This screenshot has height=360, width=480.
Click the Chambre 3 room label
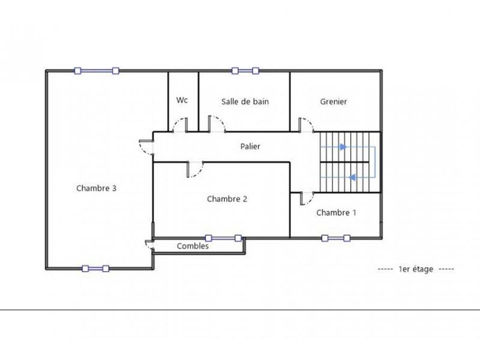[x=96, y=188]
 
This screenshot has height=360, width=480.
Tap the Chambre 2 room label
[x=227, y=199]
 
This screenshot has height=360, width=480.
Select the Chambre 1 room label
[x=336, y=212]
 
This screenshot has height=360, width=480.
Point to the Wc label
[x=182, y=100]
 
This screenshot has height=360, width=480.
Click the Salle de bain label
[x=245, y=101]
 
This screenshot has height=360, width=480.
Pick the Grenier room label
[x=334, y=101]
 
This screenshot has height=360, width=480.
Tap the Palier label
[x=250, y=146]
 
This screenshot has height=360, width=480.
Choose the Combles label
[x=193, y=246]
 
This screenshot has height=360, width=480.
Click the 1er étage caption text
[x=415, y=269]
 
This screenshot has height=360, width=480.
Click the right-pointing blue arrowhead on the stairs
[x=343, y=146]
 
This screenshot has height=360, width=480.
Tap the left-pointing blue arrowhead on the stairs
[x=352, y=177]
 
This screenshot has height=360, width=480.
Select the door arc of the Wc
[x=179, y=125]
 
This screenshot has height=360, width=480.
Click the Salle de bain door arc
[x=217, y=125]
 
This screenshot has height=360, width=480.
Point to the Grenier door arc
[x=307, y=125]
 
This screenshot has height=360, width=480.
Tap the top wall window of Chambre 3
[x=96, y=71]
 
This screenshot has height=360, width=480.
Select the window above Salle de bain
[x=245, y=71]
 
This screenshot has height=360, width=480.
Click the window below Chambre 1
[x=335, y=238]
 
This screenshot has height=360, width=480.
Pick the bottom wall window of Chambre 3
[x=95, y=268]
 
